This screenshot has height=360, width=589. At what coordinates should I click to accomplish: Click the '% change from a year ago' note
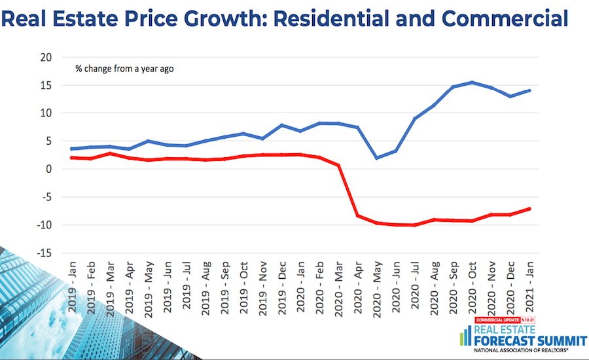(x=124, y=68)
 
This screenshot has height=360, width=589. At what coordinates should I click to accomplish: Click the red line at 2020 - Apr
(x=357, y=215)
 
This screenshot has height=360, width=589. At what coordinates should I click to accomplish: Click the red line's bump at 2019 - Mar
(x=112, y=153)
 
